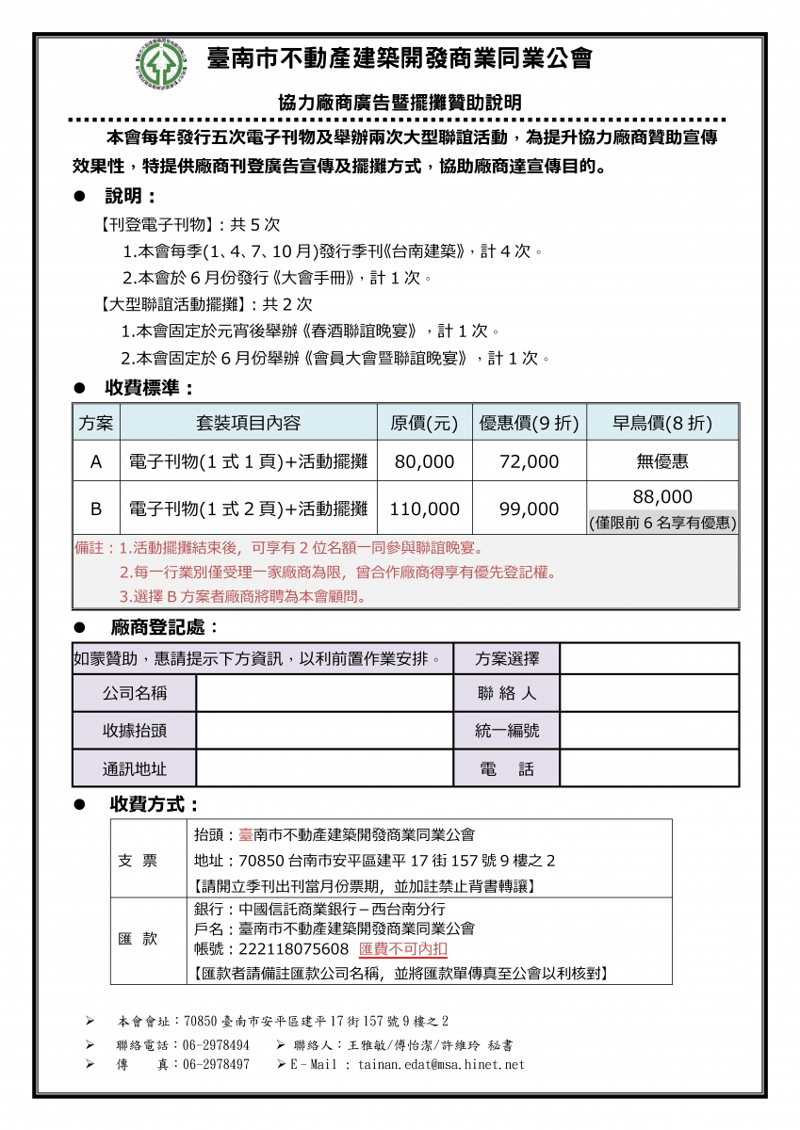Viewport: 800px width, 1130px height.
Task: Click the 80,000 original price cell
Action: [x=425, y=461]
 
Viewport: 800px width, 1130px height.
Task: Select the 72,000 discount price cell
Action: [x=529, y=461]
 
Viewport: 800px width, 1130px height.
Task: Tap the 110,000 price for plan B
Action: [x=425, y=508]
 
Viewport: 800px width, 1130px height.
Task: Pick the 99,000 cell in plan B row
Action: [x=529, y=508]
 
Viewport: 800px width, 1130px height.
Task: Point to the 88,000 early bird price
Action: [x=662, y=497]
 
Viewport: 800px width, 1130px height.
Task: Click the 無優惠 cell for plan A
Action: [x=662, y=461]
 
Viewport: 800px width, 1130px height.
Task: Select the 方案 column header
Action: [x=95, y=423]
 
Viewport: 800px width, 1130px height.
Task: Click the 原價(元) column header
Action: [x=425, y=423]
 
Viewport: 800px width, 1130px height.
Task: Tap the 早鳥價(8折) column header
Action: [x=662, y=423]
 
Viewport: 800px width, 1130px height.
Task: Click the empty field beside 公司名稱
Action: [x=323, y=694]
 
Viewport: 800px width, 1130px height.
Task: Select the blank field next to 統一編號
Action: [x=648, y=731]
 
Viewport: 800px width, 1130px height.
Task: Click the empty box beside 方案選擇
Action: [x=648, y=658]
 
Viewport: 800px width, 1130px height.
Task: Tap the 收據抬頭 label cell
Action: [x=134, y=731]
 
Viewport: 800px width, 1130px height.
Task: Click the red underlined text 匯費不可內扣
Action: [x=403, y=948]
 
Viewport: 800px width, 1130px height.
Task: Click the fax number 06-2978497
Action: [x=216, y=1064]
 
